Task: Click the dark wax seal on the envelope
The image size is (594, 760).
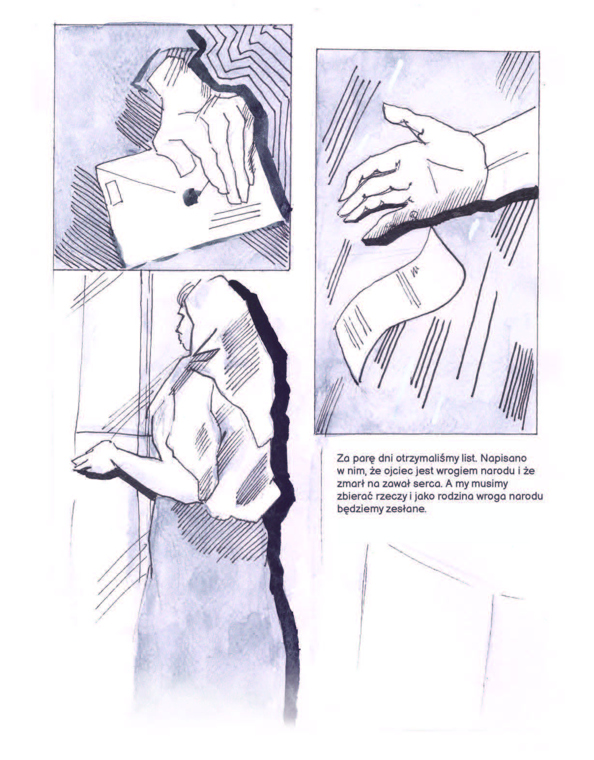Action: click(x=191, y=197)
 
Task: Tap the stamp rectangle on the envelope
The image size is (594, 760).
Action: click(x=114, y=193)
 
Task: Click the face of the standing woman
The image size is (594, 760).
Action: click(x=184, y=327)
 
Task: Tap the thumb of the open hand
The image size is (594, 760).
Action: click(x=406, y=122)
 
